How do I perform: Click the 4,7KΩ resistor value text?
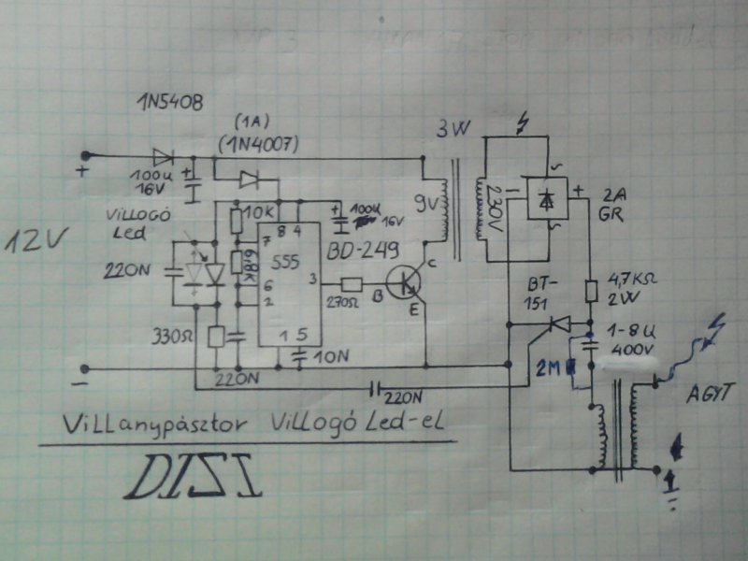(633, 278)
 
